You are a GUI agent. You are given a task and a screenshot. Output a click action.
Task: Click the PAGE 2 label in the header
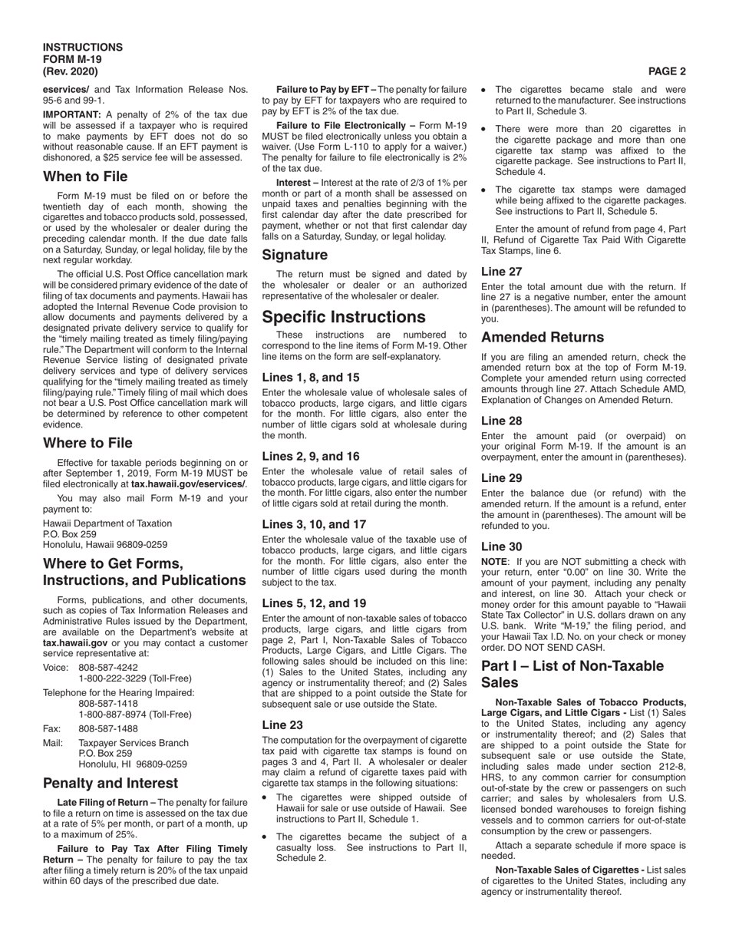667,71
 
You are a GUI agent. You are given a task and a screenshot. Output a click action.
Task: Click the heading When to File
85,177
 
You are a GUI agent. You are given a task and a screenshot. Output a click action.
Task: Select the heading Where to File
87,443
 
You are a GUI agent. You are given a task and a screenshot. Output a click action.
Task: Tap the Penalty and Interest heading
111,783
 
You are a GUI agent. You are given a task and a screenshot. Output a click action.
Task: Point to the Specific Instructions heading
343,317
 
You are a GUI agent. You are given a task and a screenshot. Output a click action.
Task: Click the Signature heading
295,255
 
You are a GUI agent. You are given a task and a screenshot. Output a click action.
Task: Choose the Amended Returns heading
542,337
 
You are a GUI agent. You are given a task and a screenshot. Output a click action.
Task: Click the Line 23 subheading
282,725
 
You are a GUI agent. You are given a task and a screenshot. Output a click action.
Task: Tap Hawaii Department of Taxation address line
107,523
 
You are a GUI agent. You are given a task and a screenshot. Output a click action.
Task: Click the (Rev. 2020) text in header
71,71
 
